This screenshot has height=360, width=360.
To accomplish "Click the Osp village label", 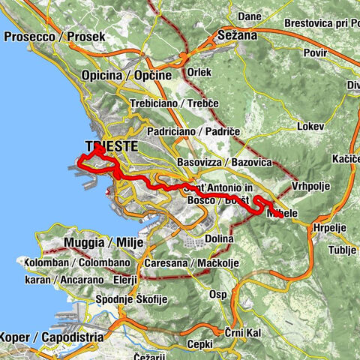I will (x=218, y=294).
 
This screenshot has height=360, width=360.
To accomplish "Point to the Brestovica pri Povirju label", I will (x=322, y=22).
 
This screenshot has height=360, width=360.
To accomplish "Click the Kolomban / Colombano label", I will (x=76, y=263).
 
